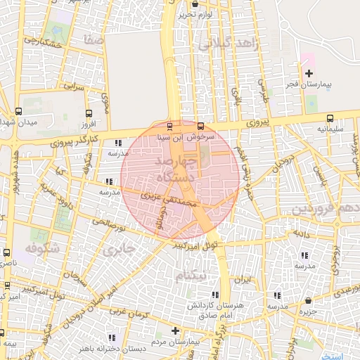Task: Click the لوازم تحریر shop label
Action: [194, 13]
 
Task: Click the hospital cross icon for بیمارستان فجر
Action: [309, 74]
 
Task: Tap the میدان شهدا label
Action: [18, 123]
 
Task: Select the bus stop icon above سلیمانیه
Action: [330, 117]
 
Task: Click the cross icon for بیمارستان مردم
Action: [175, 330]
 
